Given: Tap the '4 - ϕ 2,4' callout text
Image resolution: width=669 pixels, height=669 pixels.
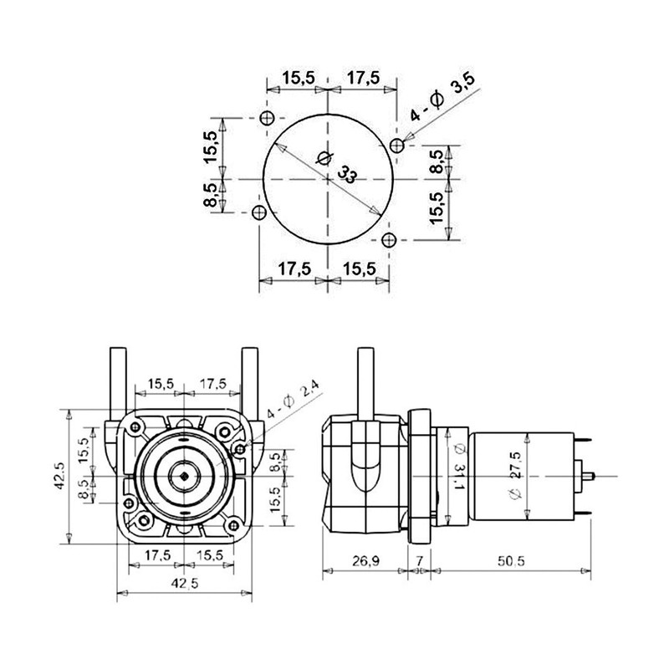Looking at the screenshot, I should (293, 401).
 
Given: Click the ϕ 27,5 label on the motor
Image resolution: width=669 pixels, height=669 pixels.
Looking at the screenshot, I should (515, 476).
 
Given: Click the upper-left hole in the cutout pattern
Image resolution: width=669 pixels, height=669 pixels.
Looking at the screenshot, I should (267, 116).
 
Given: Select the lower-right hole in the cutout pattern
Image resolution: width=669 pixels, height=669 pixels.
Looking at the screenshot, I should (386, 241).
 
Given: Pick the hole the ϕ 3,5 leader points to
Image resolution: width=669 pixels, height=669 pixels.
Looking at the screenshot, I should (398, 144).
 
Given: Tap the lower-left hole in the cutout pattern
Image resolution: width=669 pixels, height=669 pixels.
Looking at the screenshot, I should (258, 212).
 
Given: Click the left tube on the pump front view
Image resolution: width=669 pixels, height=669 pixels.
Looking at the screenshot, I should (116, 380).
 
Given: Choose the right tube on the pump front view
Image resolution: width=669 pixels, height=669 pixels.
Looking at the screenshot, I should (248, 380).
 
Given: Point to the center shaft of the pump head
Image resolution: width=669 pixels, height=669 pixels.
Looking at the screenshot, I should (183, 476).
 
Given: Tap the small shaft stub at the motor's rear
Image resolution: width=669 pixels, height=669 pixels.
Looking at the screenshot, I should (591, 476).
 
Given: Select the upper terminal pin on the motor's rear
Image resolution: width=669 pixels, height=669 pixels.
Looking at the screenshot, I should (586, 441).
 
